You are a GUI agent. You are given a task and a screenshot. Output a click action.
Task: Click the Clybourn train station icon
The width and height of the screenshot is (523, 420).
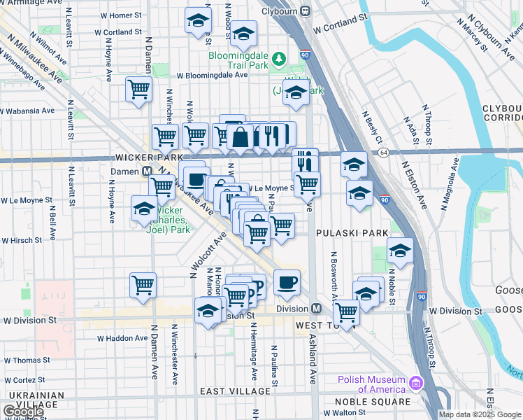[x=305, y=11]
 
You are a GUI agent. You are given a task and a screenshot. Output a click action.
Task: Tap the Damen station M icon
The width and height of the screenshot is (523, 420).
[x=148, y=171]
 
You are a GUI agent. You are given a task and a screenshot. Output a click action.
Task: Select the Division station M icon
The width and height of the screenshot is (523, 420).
[x=316, y=309]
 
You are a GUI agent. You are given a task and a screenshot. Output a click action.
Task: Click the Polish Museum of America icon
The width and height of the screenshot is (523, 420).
[x=417, y=384]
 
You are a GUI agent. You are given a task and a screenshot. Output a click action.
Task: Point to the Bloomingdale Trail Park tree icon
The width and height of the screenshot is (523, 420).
[x=278, y=58]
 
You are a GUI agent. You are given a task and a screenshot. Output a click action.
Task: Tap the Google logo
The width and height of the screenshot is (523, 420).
[x=23, y=412]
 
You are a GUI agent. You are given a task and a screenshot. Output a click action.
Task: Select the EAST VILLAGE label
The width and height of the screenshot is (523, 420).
[x=234, y=391]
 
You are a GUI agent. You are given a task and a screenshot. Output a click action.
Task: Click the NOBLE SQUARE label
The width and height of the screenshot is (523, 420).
[x=373, y=402]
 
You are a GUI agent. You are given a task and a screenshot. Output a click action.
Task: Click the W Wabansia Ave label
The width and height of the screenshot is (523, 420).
[x=27, y=111]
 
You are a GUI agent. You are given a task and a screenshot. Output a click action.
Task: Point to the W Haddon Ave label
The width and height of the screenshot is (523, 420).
[x=122, y=338]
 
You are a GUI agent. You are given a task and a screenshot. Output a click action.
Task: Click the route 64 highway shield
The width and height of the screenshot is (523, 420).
[x=383, y=152]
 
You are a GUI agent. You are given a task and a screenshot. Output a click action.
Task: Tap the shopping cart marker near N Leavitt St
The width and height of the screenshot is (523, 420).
[x=139, y=90]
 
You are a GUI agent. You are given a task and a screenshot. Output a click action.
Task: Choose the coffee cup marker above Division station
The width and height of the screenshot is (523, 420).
[x=287, y=282]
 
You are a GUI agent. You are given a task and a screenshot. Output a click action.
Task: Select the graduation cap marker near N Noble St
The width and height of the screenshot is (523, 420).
[x=400, y=251]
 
